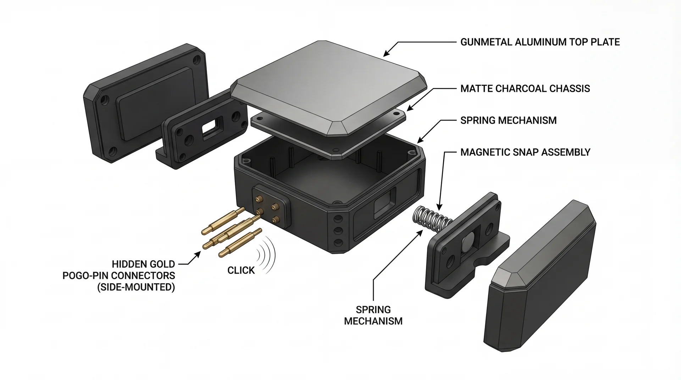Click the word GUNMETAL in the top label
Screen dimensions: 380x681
click(486, 42)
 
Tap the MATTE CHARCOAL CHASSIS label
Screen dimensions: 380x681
click(525, 89)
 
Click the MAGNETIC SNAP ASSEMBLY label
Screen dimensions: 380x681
click(525, 152)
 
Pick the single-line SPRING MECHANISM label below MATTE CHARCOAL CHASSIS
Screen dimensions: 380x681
click(508, 121)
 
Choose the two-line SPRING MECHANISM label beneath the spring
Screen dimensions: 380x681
click(373, 315)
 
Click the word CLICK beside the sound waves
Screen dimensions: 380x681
click(241, 270)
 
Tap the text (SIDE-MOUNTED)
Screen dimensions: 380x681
click(136, 287)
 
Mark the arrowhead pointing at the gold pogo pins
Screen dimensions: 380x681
click(198, 254)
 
